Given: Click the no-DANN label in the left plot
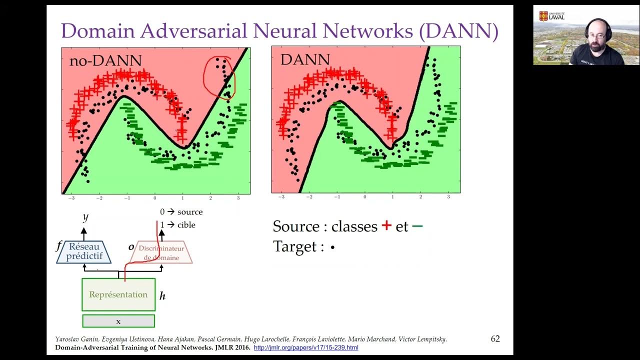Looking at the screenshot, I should [x=105, y=60].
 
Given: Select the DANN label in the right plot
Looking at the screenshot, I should [x=305, y=59].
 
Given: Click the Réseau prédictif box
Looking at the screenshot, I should [x=84, y=251].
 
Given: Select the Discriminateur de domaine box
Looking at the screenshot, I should [x=161, y=253].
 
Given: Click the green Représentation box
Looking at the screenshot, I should [x=118, y=294].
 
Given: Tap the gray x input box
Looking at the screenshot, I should [x=118, y=321].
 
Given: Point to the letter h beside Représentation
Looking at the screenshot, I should [x=162, y=296].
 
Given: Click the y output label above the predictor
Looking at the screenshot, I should [x=85, y=217].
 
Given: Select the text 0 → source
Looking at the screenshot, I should [x=181, y=212].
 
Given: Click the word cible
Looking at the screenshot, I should [x=186, y=225].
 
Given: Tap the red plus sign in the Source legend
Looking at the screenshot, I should [x=386, y=225].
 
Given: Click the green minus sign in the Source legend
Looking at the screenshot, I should [x=417, y=226].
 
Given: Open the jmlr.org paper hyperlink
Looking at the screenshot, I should [x=306, y=347].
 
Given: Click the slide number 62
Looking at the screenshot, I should [x=495, y=338].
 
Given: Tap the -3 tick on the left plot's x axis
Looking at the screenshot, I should [x=71, y=198].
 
